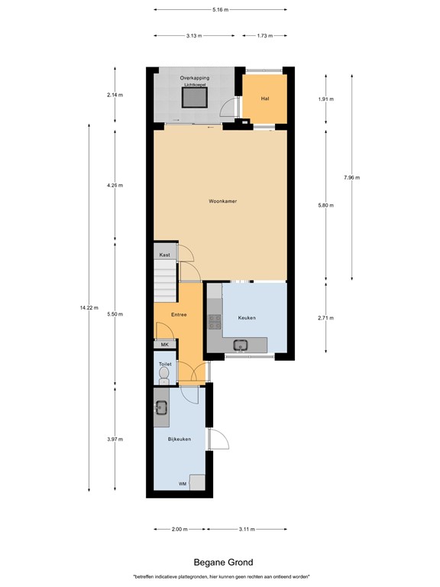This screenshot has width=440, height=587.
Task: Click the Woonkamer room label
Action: click(222, 202)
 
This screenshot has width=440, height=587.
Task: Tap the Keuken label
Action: click(246, 317)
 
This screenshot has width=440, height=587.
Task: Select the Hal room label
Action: click(264, 99)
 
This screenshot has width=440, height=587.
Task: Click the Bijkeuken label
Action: click(179, 439)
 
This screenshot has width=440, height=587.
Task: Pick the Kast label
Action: click(164, 255)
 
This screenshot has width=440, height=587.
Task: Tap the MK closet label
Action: click(163, 345)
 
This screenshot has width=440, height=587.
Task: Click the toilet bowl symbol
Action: click(163, 373)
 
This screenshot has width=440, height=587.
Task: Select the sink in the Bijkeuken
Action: click(161, 407)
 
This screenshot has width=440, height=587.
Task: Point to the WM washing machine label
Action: click(183, 484)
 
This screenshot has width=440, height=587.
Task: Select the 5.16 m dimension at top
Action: click(220, 10)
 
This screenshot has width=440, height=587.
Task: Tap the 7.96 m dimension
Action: click(351, 177)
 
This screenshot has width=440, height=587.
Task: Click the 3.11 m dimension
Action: click(247, 529)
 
